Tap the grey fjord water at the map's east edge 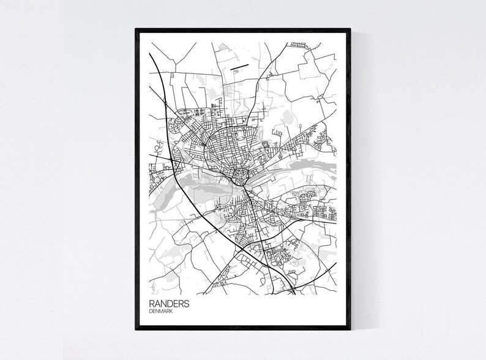pyautogui.click(x=318, y=164)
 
